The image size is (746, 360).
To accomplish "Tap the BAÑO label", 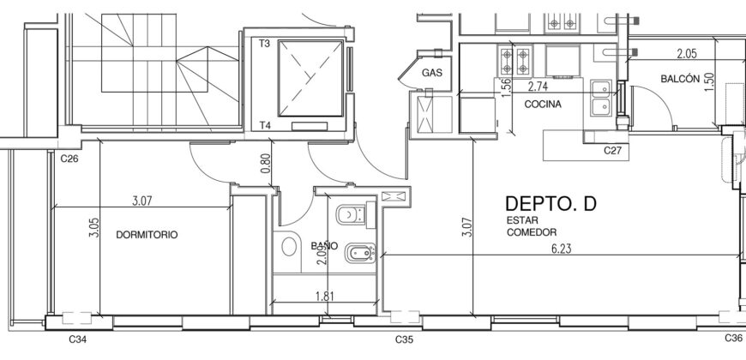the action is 324,246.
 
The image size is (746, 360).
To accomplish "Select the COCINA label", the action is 543,105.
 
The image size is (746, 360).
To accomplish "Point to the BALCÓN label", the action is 680,79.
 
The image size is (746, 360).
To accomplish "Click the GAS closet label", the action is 432,73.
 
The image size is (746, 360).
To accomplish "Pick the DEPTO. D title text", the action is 550,203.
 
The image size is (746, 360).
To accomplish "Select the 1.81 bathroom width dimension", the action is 325,297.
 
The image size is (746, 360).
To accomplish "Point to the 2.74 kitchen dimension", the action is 538,87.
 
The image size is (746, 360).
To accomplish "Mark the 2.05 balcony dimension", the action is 687,54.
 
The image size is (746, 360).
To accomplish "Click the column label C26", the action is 69,159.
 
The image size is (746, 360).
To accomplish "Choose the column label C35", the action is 405,339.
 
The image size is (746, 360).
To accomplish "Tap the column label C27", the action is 613,151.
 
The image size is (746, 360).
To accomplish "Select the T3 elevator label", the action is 264,44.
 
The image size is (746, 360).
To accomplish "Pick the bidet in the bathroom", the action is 360,254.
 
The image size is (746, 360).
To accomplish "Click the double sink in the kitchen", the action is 602,98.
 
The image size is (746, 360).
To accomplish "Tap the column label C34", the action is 78,339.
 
